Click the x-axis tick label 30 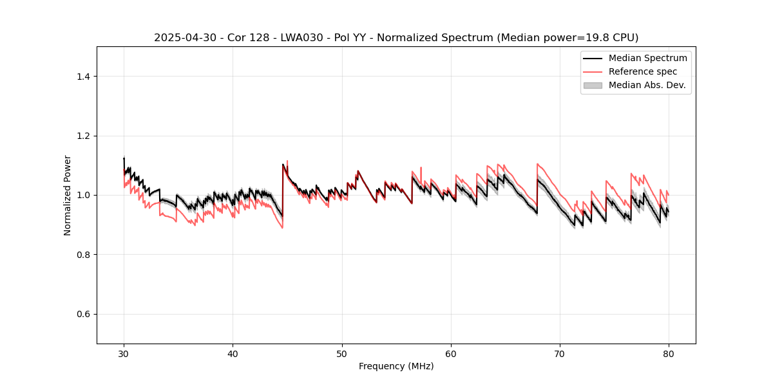(124, 353)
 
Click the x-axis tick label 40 (233, 353)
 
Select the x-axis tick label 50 (342, 353)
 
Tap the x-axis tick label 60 (451, 353)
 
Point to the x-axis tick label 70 (560, 353)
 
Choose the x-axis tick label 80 (669, 353)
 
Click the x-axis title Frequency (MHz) (396, 366)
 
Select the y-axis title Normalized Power (68, 195)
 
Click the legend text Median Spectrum (647, 58)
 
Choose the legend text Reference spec (643, 71)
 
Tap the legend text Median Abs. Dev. (647, 85)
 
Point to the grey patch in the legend (593, 85)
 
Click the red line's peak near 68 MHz (537, 164)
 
